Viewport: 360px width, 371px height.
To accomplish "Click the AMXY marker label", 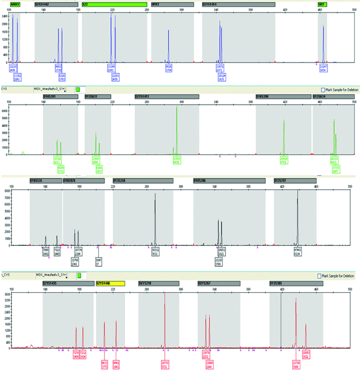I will (x=15, y=4).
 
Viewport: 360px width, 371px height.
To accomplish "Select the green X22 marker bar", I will (x=114, y=4).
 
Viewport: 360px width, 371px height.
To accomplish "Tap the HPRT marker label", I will (x=172, y=4).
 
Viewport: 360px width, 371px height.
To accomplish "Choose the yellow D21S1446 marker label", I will (x=110, y=284).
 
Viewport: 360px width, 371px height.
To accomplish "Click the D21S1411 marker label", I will (x=167, y=97).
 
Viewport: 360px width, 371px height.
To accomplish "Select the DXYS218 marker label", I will (x=158, y=284).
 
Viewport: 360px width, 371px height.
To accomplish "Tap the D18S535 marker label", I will (x=45, y=181).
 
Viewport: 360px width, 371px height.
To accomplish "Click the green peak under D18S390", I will (x=284, y=136).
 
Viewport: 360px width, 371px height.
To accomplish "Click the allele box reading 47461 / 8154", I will (x=298, y=251).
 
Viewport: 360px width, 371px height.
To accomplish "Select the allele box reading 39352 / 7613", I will (x=155, y=251).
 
